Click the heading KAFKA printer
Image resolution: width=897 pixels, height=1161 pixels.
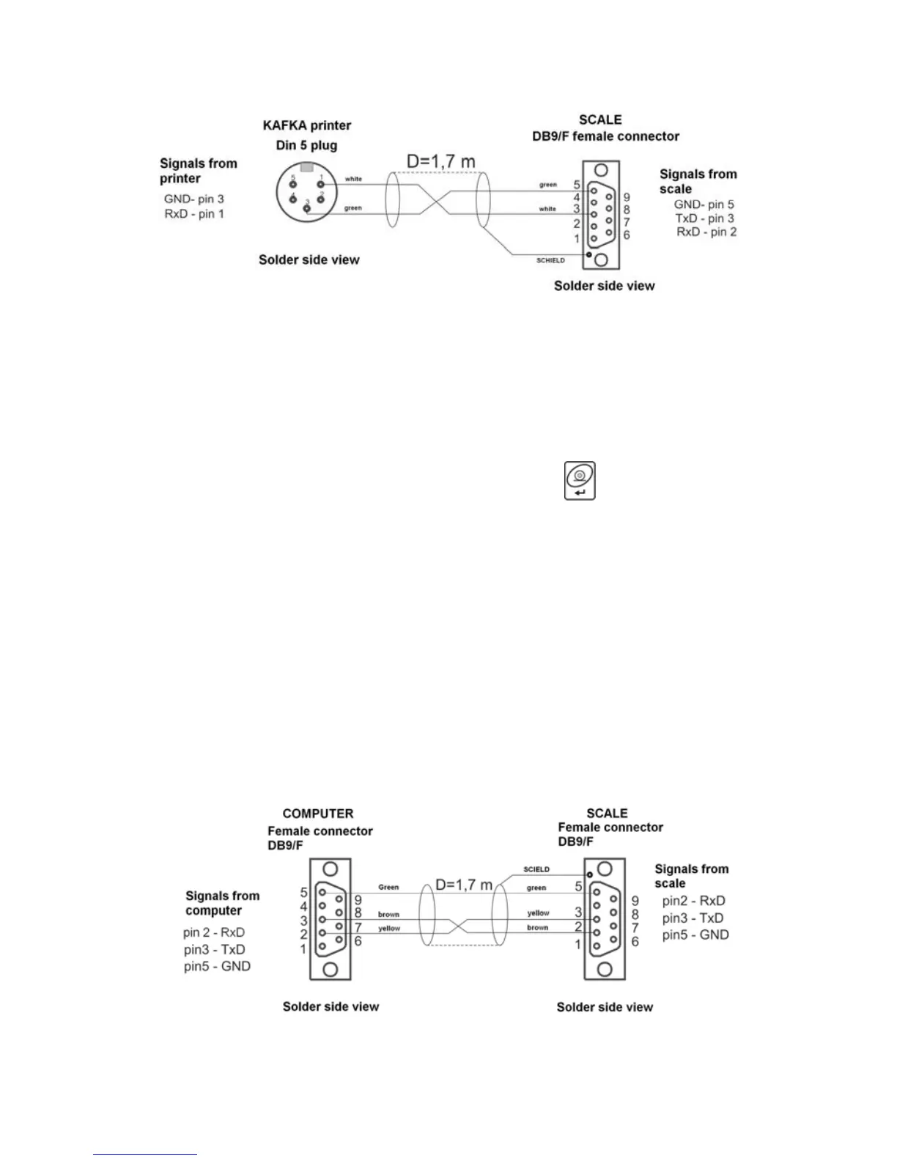point(307,125)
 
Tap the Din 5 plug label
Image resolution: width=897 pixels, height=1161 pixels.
point(306,145)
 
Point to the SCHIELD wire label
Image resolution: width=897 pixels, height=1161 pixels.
point(550,260)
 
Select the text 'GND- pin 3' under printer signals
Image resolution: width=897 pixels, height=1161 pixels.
point(193,199)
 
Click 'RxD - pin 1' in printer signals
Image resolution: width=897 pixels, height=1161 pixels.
point(194,214)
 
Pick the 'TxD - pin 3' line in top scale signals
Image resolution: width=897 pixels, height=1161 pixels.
point(704,218)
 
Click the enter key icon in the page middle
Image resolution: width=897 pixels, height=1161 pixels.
point(579,481)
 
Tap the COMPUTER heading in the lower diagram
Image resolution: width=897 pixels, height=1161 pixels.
point(318,814)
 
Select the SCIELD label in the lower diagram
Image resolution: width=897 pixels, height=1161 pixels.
point(536,869)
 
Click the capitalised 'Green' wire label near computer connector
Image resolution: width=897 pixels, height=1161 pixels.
point(388,887)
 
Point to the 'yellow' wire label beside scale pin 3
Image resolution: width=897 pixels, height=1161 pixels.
point(538,913)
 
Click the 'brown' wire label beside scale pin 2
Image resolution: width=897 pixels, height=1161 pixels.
point(537,927)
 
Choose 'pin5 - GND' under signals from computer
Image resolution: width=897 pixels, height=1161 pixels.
point(217,966)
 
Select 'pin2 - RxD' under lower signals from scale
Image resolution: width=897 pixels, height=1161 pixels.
point(693,901)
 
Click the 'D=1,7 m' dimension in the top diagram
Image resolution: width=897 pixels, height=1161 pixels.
point(441,160)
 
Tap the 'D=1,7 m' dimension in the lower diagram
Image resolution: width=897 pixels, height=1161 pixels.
point(464,885)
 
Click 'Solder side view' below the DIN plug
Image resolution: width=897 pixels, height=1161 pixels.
point(309,259)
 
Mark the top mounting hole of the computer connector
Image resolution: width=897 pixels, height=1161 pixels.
point(331,870)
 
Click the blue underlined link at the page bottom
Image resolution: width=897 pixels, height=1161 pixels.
point(145,1154)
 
